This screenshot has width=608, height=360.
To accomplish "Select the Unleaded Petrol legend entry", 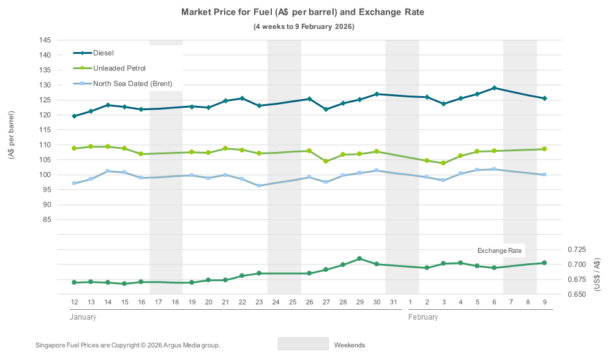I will (119, 68).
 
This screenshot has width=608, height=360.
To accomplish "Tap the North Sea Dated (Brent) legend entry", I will (132, 83).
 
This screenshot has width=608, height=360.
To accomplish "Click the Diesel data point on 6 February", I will (494, 88).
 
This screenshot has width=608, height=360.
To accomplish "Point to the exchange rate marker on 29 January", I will (359, 258).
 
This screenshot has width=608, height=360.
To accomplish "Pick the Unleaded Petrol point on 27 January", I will (326, 162).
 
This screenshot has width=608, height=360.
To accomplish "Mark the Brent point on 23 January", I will (259, 186).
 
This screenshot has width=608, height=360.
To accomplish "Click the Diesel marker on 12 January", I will (74, 116).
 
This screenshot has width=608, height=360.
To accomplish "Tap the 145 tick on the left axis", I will (44, 40).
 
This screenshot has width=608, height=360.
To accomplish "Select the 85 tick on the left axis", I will (46, 219).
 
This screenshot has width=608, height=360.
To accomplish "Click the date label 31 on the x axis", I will (393, 302).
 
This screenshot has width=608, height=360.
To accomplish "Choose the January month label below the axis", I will (82, 317).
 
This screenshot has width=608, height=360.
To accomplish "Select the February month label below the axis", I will (422, 317).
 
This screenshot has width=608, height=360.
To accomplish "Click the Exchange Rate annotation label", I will (500, 250).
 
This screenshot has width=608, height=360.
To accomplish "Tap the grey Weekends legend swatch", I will (303, 344).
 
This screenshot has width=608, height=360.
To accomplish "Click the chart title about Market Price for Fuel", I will (303, 12).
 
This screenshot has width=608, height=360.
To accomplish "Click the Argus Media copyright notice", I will (128, 345).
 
